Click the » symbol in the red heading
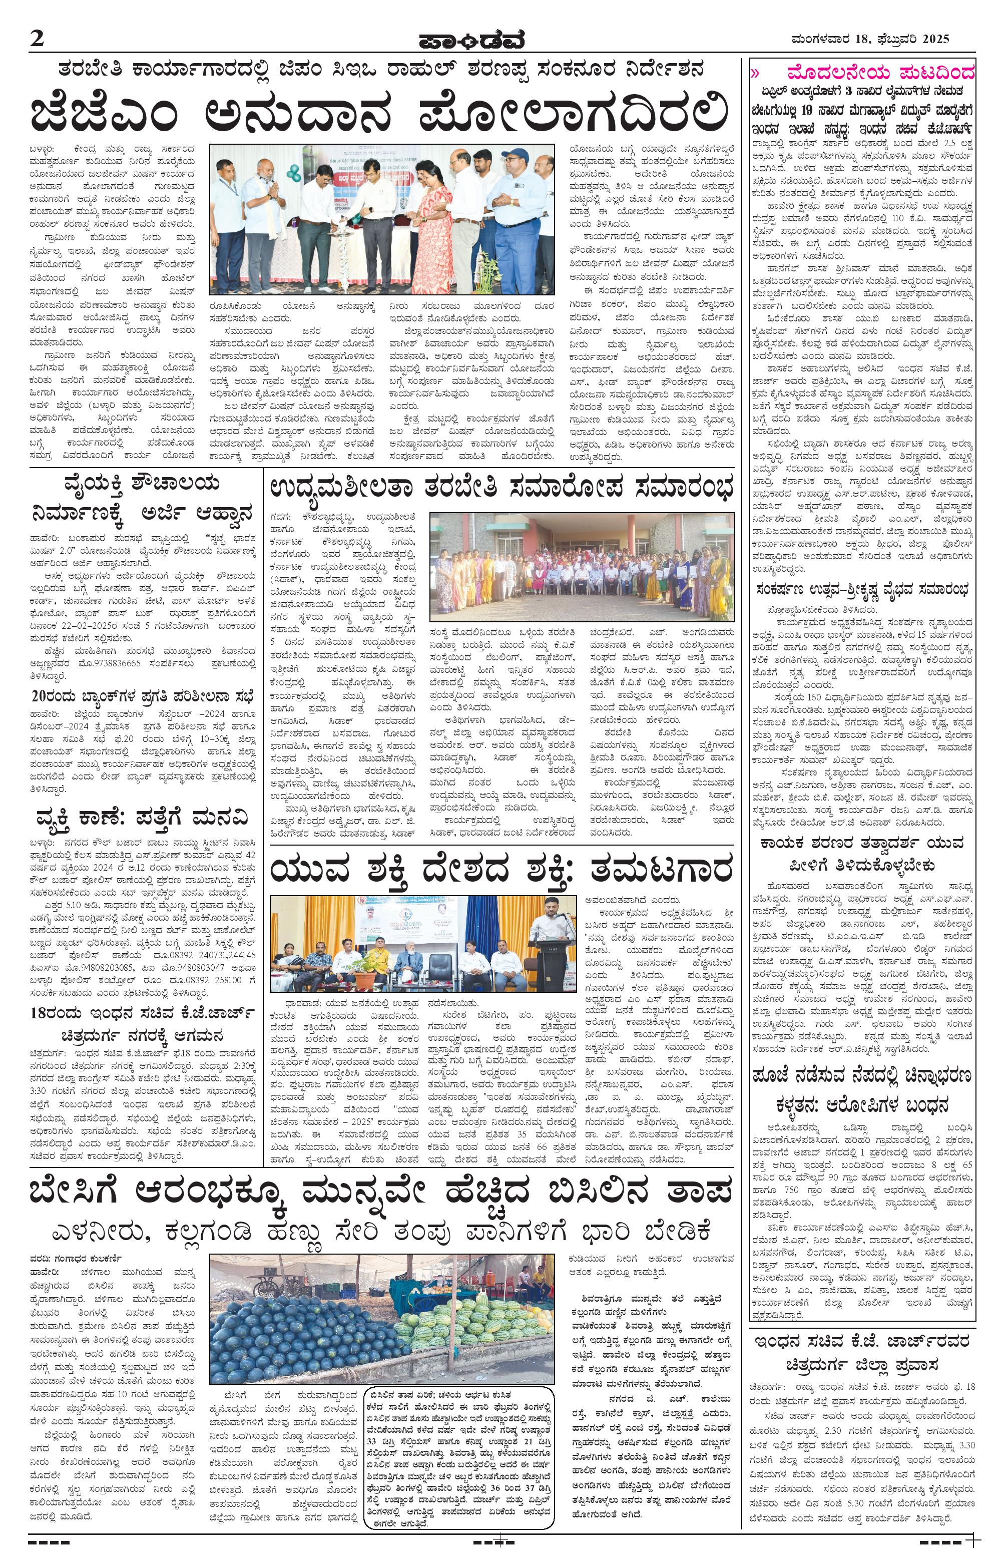click(756, 71)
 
